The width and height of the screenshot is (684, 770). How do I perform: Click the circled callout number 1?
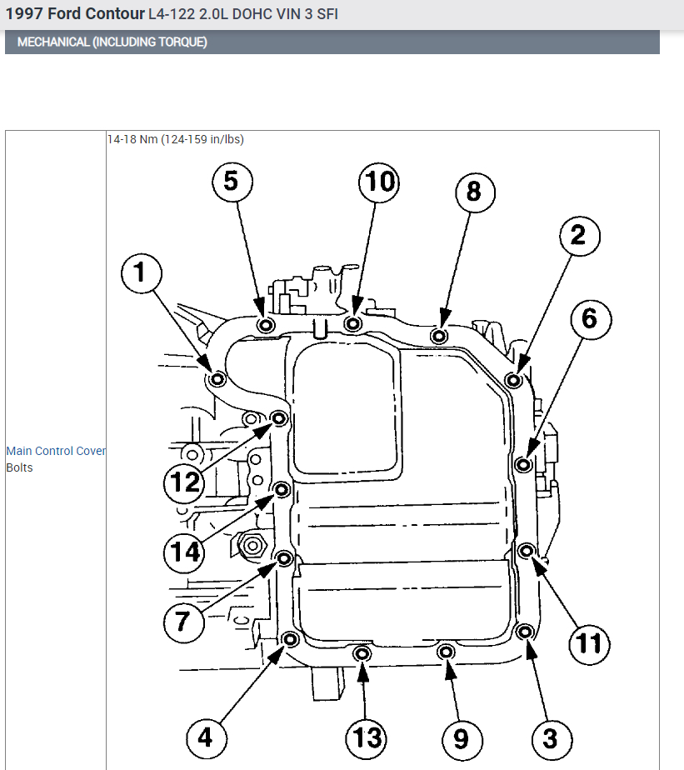pyautogui.click(x=141, y=272)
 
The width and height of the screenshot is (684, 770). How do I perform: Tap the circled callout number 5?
pyautogui.click(x=232, y=182)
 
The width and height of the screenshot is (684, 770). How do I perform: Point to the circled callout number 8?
pyautogui.click(x=474, y=192)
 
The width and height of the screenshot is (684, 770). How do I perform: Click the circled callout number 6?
pyautogui.click(x=590, y=318)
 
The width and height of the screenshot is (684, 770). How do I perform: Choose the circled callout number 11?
pyautogui.click(x=590, y=643)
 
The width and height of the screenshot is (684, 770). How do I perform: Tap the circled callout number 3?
pyautogui.click(x=550, y=737)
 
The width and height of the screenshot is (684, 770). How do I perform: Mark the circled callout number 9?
pyautogui.click(x=461, y=737)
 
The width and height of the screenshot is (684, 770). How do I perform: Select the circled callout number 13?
pyautogui.click(x=367, y=737)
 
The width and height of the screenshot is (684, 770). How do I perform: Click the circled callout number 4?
pyautogui.click(x=206, y=737)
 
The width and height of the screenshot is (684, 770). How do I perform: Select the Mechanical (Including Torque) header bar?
pyautogui.click(x=332, y=42)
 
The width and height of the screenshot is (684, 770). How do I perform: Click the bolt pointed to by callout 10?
pyautogui.click(x=354, y=323)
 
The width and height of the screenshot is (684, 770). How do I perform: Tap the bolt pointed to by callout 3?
pyautogui.click(x=524, y=632)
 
